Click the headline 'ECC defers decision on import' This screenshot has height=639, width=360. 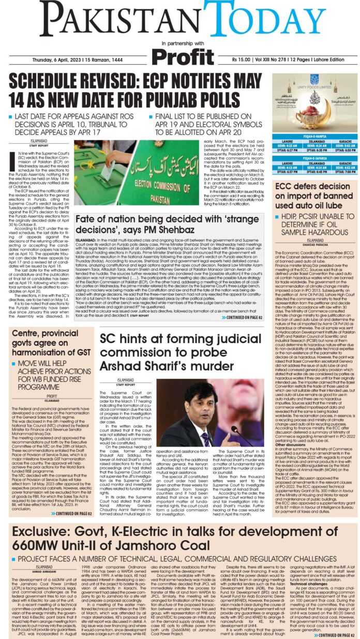click(315, 192)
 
